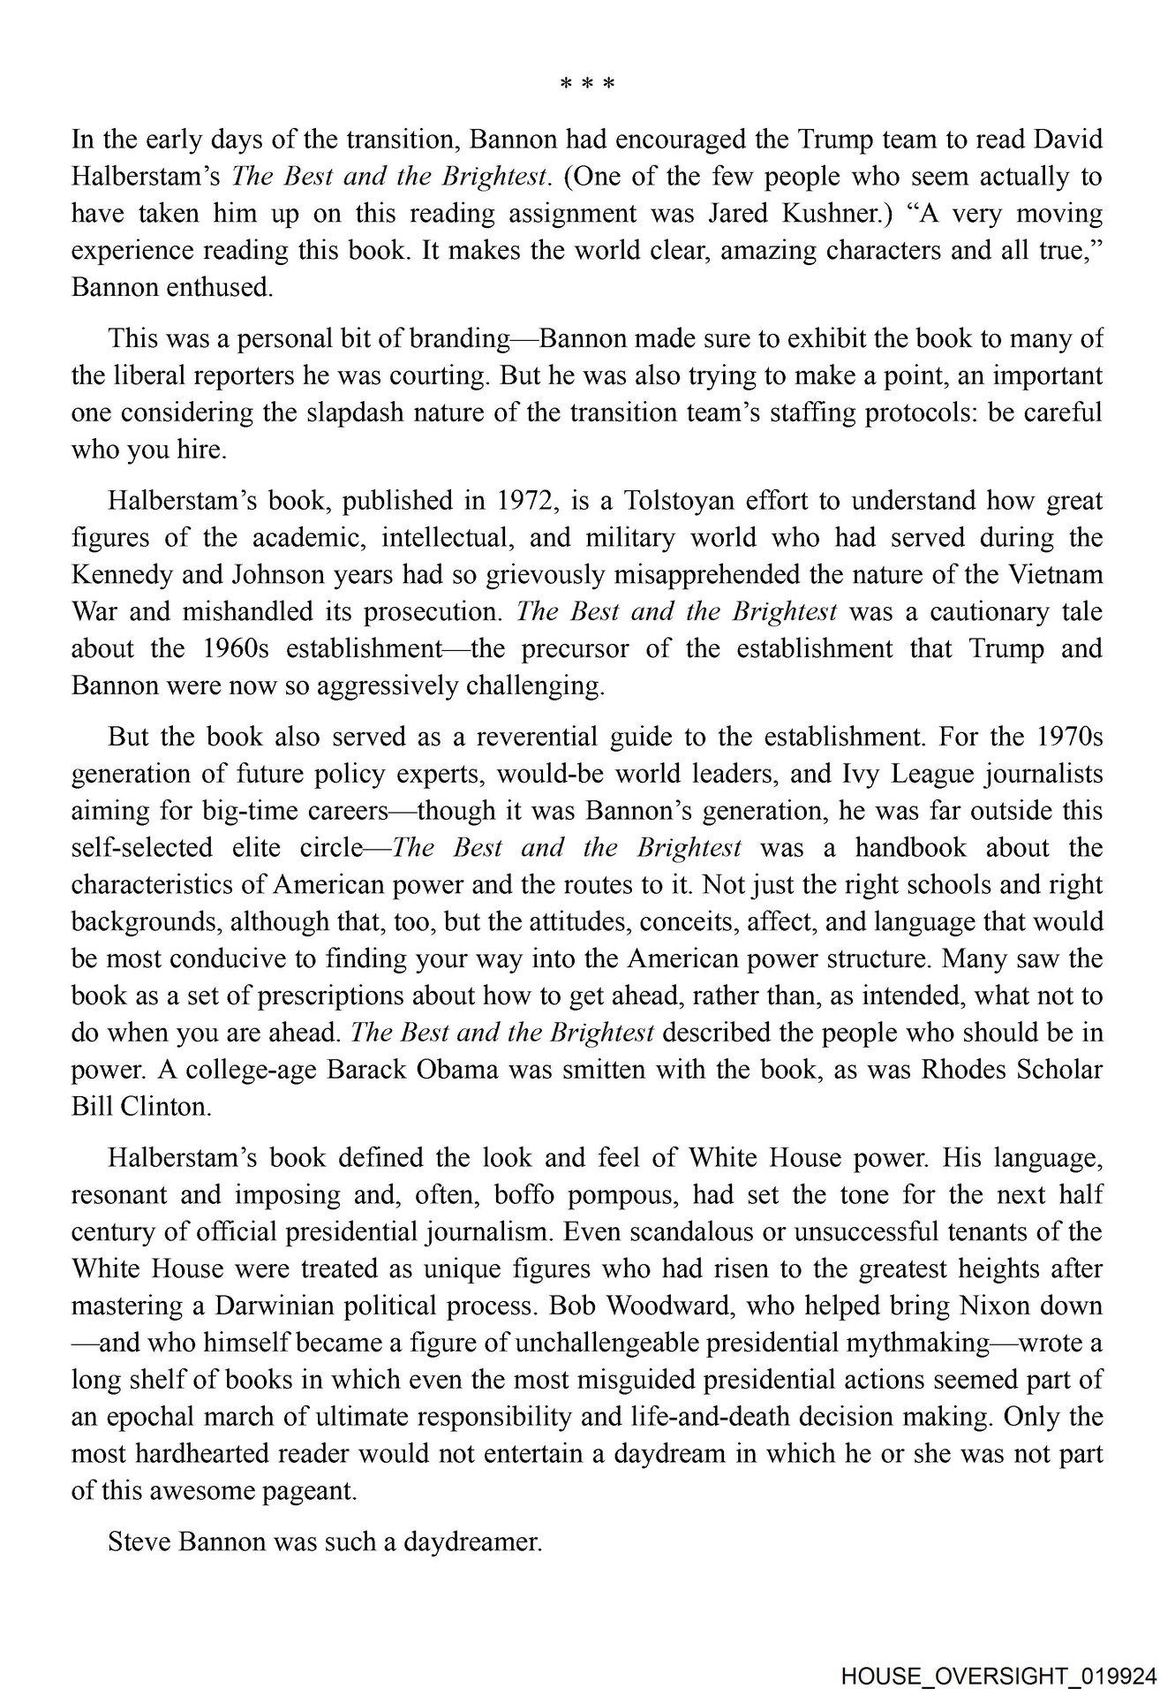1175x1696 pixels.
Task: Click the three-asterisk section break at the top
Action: point(587,85)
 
